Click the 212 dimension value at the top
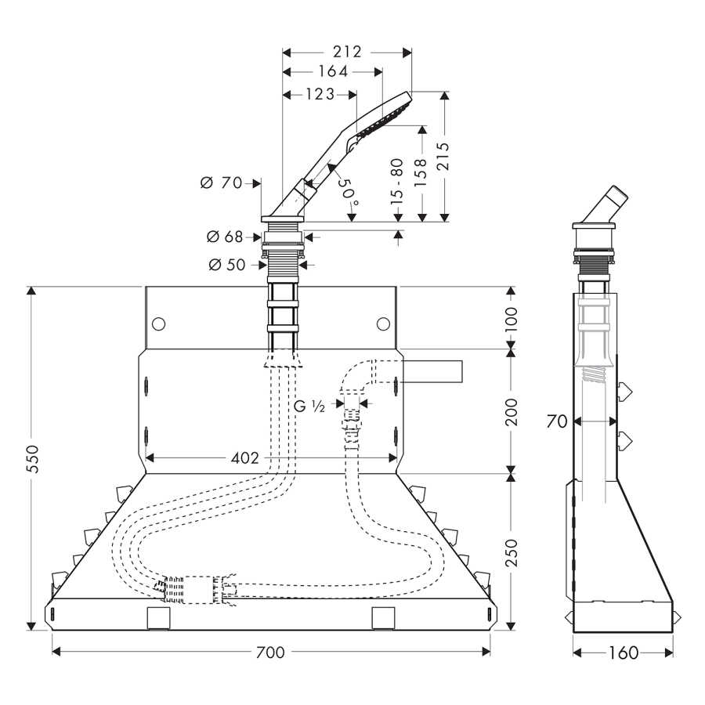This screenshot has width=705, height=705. coord(347,52)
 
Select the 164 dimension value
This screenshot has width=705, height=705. coord(333,71)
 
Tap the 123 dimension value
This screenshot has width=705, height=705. coord(320,94)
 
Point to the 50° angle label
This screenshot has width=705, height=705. coord(349,190)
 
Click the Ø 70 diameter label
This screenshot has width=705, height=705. coord(221,183)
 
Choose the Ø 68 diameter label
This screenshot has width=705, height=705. coord(224,237)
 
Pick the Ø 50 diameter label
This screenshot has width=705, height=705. coord(227,265)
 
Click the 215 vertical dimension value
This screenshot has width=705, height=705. coord(443,156)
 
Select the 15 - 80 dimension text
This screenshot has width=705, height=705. coord(397,182)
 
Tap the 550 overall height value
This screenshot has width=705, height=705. coord(32,459)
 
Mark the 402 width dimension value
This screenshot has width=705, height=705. coord(245,458)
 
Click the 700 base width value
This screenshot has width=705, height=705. coord(270,652)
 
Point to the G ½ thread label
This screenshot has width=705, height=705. coord(309,407)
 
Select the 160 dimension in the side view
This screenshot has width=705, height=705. coord(624,653)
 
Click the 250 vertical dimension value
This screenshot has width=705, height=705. coord(512,554)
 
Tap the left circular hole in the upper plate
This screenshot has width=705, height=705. coord(159,324)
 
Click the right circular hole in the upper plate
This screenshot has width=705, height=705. coord(384,324)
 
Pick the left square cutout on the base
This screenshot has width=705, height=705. coord(159,618)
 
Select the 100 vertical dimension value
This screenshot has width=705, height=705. coord(512,320)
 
